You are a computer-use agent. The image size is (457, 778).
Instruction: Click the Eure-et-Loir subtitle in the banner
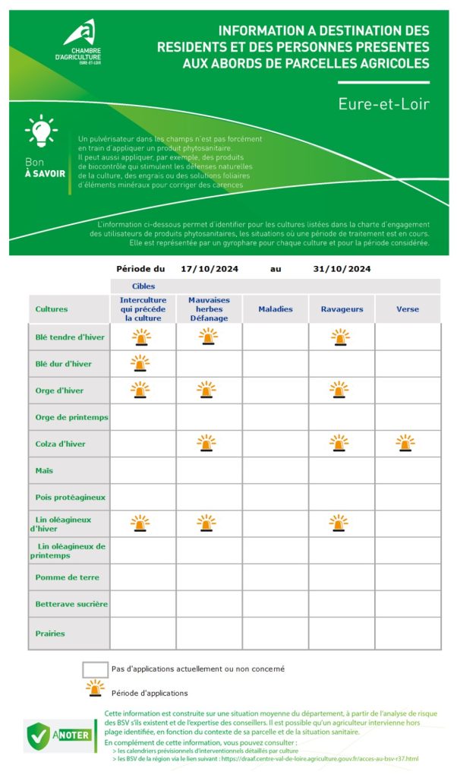pos(383,103)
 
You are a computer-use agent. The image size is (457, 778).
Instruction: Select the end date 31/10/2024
pos(342,269)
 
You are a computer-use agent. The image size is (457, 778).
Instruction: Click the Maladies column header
pos(275,309)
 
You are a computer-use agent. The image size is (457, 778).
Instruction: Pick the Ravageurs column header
pos(342,309)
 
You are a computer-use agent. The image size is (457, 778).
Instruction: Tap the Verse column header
pos(407,309)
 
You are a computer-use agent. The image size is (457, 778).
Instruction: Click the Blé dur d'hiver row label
pos(63,363)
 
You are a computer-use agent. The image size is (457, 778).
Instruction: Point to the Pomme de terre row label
pos(67,577)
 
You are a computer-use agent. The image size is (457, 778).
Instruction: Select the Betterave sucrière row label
pos(71,604)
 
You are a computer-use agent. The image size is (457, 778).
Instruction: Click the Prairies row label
pos(50,633)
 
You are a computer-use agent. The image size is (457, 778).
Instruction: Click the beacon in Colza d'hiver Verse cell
pos(405,443)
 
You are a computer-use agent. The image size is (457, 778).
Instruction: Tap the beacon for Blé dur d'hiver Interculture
pos(141,362)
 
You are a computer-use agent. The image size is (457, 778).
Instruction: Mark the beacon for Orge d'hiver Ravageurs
pos(340,390)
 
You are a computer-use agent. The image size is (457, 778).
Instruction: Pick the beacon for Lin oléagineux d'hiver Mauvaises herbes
pos(206,523)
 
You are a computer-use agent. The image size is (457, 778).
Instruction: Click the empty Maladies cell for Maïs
pos(275,470)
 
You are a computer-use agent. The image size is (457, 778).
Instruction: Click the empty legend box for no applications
pos(95,669)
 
